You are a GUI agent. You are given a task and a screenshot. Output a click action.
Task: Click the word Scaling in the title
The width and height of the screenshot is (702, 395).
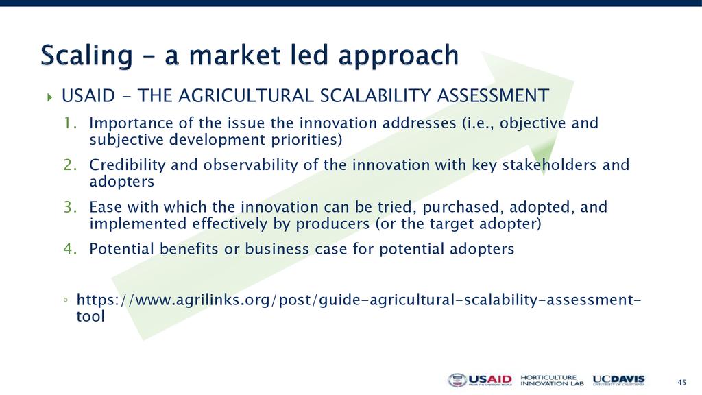tap(87, 56)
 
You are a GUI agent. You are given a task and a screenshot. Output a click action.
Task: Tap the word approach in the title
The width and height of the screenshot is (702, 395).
tap(398, 56)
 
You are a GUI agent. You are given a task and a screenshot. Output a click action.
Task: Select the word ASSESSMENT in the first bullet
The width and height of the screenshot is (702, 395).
tap(493, 96)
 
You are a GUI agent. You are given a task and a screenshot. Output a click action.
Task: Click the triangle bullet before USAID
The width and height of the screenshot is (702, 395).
tap(49, 97)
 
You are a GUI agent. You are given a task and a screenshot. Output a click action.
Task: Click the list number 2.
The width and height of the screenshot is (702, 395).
tap(70, 165)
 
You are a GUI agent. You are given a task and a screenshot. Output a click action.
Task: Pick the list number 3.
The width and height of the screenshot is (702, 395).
tap(70, 207)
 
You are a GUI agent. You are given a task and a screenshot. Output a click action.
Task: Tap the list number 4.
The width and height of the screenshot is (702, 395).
tap(70, 248)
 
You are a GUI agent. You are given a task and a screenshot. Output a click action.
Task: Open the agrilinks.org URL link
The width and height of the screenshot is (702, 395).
tap(359, 308)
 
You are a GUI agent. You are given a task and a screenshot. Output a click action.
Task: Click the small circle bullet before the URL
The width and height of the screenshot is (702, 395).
tap(66, 300)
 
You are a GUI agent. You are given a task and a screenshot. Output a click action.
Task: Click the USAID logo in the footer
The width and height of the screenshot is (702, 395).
tap(479, 380)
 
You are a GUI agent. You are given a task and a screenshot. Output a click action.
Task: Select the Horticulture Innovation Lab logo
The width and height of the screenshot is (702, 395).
tap(552, 381)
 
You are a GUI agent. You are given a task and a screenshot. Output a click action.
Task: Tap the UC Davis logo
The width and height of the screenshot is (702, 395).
tap(619, 381)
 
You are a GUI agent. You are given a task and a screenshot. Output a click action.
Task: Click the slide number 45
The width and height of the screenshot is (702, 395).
tap(681, 382)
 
